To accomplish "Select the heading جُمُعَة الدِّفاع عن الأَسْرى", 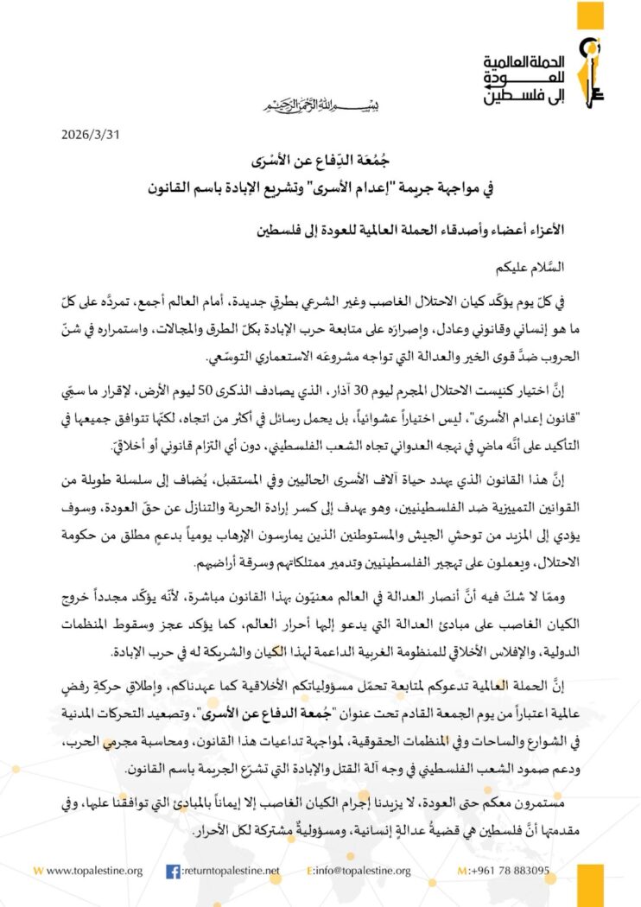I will (x=320, y=162).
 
